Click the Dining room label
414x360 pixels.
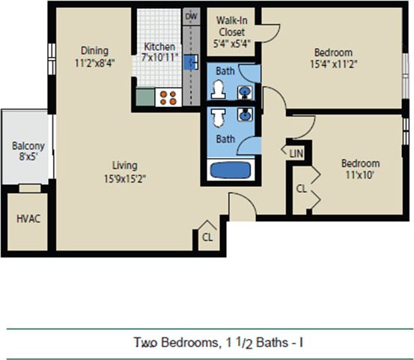[x=96, y=51]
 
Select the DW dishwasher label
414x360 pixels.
[x=191, y=16]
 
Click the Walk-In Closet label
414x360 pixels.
[x=233, y=26]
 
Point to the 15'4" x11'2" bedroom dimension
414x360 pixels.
[x=333, y=64]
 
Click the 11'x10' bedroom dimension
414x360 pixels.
[x=360, y=175]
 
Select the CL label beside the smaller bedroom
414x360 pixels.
[x=300, y=189]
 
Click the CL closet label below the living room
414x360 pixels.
[x=207, y=238]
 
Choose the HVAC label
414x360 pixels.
[x=28, y=219]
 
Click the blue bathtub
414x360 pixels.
[x=233, y=170]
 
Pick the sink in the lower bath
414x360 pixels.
[x=246, y=116]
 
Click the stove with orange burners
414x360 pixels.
[x=168, y=97]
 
